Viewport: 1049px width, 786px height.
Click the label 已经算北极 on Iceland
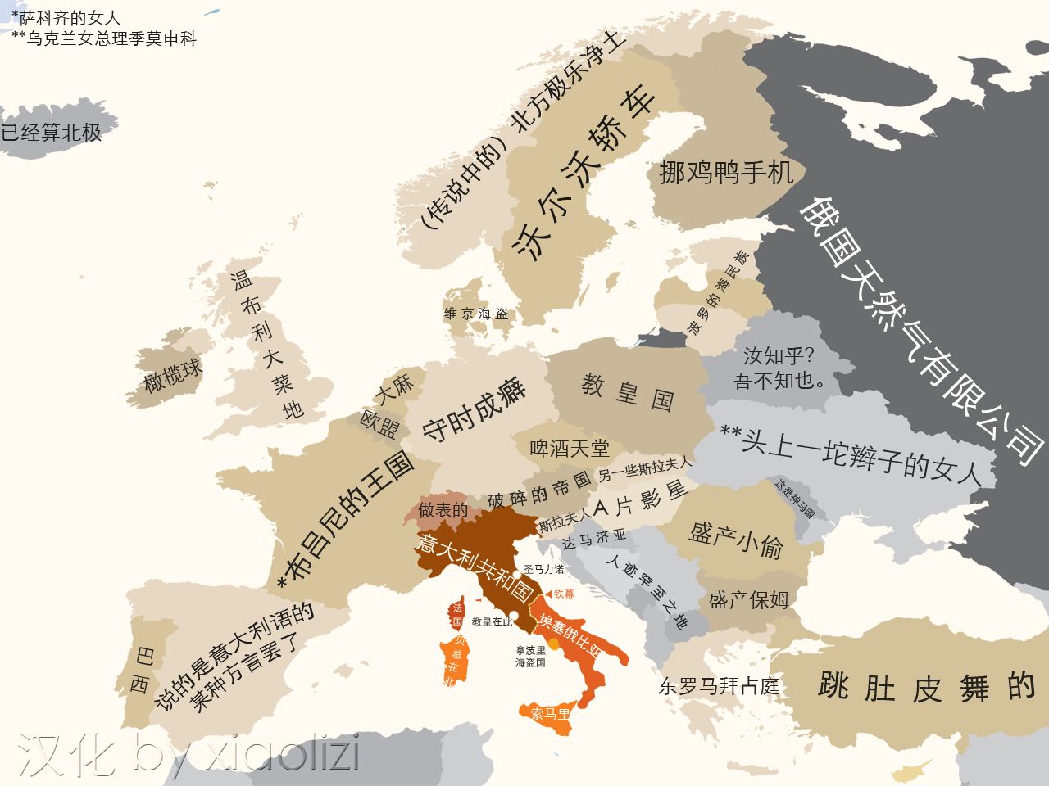(x=51, y=133)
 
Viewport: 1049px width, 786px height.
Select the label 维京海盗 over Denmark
(x=476, y=314)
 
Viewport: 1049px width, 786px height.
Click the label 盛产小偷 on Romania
(x=735, y=538)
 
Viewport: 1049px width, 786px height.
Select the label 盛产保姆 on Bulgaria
(x=748, y=600)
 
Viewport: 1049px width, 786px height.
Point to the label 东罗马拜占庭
(x=718, y=686)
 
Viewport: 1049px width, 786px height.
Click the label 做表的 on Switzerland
(x=443, y=510)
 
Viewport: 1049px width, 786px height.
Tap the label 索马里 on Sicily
(x=550, y=714)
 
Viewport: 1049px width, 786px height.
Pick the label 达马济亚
(x=593, y=540)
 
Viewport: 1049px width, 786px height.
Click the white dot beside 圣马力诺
(x=517, y=576)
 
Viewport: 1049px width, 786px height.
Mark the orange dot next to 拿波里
(x=553, y=644)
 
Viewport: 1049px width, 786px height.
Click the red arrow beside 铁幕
(x=548, y=594)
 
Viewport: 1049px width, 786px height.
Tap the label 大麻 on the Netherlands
(x=393, y=388)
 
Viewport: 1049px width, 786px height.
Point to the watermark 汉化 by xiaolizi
(x=188, y=752)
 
